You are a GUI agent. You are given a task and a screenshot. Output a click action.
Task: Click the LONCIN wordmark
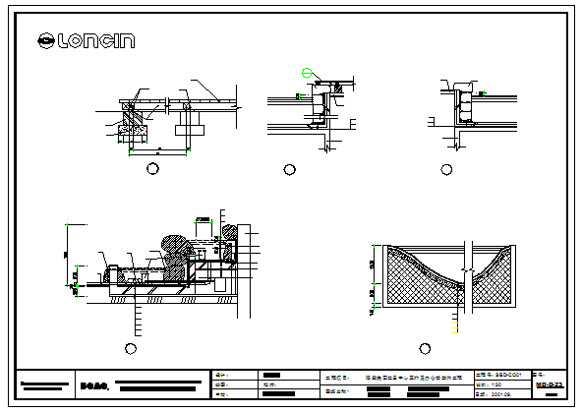click(97, 41)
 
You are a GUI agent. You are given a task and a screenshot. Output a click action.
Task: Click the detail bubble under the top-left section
click(152, 169)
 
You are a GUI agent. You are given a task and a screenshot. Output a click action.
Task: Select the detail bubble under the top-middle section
click(290, 169)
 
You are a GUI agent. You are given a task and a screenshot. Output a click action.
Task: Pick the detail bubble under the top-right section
click(447, 169)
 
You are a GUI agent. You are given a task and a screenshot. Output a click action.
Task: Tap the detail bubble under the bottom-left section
click(132, 348)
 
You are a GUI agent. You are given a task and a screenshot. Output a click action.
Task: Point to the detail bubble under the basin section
click(425, 348)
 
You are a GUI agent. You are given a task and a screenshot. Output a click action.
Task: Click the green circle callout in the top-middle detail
click(307, 73)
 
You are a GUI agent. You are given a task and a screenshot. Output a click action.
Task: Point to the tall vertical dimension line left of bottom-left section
click(66, 254)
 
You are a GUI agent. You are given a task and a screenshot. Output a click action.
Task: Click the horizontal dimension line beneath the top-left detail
click(157, 150)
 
